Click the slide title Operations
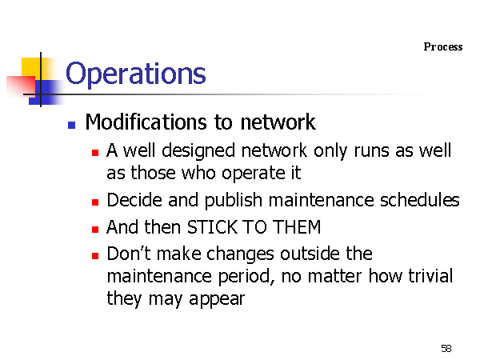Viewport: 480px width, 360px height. tap(136, 74)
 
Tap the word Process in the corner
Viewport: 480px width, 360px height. tap(443, 47)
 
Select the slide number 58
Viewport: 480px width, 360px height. tap(446, 348)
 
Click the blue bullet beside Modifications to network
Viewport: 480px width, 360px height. tap(72, 125)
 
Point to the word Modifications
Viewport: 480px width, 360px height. tap(146, 122)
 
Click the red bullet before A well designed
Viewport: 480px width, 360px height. tap(95, 153)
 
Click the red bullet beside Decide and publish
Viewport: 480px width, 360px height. tap(95, 202)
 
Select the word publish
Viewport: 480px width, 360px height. tap(234, 201)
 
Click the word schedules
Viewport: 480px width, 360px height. tap(420, 200)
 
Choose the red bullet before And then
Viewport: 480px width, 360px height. tap(95, 229)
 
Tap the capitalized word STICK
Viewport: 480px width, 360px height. tap(212, 227)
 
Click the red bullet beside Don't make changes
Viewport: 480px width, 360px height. tap(95, 256)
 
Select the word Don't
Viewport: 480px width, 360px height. tap(129, 254)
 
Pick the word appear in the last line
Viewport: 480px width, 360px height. tap(217, 299)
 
